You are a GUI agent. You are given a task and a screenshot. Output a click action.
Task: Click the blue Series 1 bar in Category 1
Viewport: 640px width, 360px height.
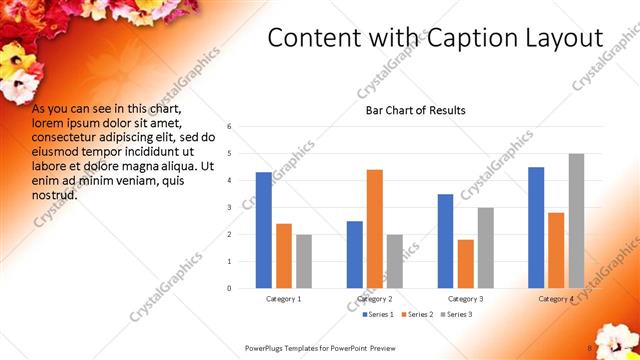263,230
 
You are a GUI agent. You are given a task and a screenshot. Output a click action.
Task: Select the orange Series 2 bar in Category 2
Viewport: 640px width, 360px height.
375,229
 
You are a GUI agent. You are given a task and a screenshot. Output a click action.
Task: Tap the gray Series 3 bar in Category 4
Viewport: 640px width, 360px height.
576,221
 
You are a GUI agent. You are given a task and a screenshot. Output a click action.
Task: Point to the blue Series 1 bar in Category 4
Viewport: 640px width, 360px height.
536,228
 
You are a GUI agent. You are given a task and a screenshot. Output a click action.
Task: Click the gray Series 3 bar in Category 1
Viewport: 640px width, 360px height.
304,261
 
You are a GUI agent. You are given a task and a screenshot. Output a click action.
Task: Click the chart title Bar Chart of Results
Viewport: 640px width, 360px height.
415,110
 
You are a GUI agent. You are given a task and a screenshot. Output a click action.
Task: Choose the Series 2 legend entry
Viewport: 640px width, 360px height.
415,314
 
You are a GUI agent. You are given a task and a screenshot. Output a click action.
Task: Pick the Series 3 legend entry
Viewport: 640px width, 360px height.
455,314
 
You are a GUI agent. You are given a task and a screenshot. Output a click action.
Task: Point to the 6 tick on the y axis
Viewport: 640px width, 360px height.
230,127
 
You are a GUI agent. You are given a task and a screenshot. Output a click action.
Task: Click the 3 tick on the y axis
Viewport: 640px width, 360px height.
230,208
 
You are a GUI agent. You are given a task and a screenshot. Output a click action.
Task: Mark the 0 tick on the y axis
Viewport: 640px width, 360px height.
230,288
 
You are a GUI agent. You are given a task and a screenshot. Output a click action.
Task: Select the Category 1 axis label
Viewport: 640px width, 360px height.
284,299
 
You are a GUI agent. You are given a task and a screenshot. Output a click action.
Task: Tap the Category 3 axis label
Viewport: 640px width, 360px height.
466,299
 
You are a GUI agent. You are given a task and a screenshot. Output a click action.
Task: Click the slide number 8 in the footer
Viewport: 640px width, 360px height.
590,348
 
